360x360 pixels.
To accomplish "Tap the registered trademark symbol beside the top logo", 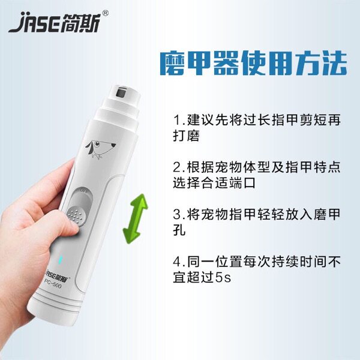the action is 105,13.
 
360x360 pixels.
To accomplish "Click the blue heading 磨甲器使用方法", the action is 253,64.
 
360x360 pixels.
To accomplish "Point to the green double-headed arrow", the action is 136,218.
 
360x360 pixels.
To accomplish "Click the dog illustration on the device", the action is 100,149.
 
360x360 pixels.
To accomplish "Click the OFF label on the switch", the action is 84,191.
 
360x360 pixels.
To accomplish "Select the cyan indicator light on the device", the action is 61,259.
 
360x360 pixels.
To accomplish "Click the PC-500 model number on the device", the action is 53,284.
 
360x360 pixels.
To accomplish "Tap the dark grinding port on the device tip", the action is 121,93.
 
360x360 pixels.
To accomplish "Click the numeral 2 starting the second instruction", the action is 177,167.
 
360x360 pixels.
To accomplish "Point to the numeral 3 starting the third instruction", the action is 177,214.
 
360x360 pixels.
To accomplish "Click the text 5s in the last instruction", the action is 223,278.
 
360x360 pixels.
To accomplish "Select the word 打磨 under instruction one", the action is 186,136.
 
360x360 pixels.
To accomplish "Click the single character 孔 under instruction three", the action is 179,230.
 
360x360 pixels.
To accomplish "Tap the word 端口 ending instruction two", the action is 241,183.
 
